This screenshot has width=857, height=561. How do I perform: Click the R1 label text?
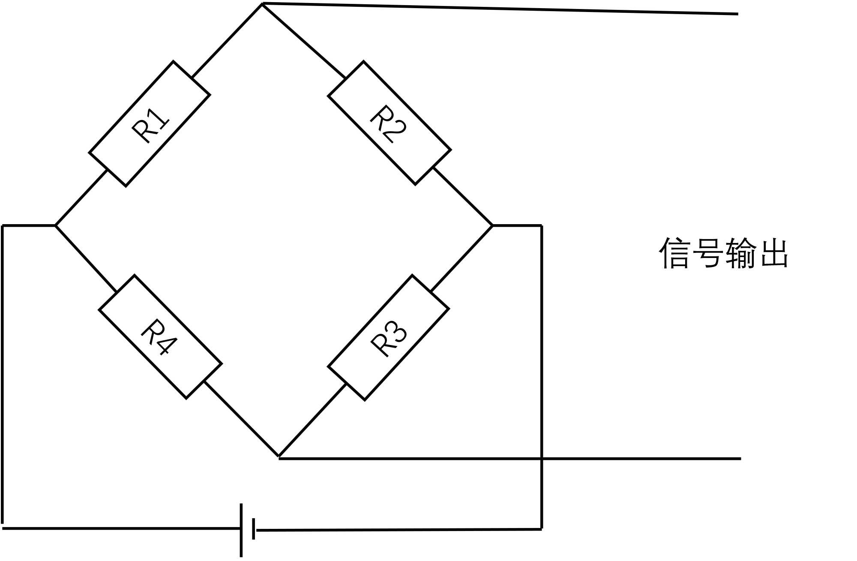tap(150, 125)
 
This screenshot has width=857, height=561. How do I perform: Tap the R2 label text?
tap(388, 124)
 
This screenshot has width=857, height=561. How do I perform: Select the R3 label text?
tap(388, 339)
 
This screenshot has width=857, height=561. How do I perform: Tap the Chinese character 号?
tap(707, 253)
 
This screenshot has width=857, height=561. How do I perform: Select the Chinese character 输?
tap(740, 253)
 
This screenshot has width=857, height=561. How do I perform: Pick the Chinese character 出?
tap(773, 253)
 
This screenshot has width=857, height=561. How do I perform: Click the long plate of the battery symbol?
tap(241, 530)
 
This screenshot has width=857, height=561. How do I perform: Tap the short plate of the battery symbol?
tap(254, 529)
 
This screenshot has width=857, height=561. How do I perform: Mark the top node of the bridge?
tap(262, 3)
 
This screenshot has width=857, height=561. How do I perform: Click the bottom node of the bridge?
tap(279, 457)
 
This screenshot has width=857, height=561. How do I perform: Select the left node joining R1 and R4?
tap(55, 225)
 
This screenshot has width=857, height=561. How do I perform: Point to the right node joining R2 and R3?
tap(493, 225)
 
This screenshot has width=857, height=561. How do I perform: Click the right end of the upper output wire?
tap(737, 14)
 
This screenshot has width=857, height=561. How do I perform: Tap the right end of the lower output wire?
tap(740, 459)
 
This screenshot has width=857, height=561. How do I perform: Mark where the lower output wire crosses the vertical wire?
tap(542, 459)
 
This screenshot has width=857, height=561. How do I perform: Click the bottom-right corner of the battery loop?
tap(542, 529)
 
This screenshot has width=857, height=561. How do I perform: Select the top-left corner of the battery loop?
tap(3, 225)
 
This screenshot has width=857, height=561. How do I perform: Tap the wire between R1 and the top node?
tap(227, 41)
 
